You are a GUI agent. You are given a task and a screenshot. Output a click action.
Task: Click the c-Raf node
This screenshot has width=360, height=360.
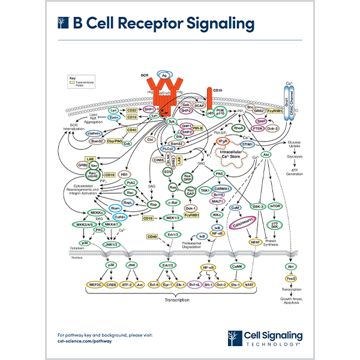175,203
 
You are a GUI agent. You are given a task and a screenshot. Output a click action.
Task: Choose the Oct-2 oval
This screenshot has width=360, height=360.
222,284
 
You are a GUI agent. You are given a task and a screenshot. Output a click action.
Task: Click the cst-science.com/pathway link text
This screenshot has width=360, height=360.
85,339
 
